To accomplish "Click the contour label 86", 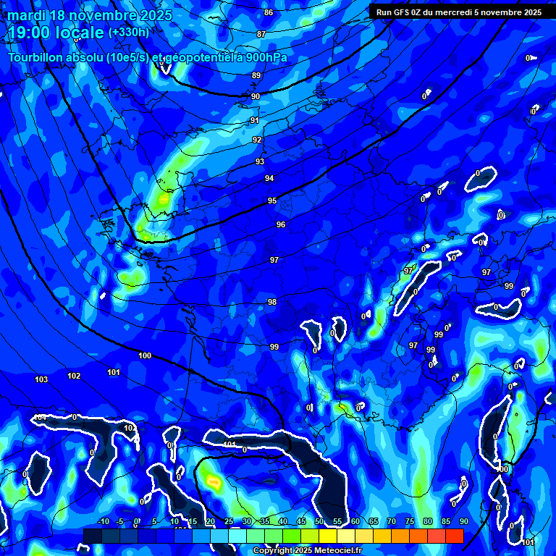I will pyautogui.click(x=269, y=12).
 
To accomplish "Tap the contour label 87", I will pyautogui.click(x=261, y=34).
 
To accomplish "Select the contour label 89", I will pyautogui.click(x=256, y=75).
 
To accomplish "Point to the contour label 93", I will pyautogui.click(x=260, y=161).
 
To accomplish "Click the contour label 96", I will pyautogui.click(x=281, y=224).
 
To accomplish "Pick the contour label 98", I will pyautogui.click(x=272, y=302).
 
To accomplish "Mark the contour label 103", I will pyautogui.click(x=41, y=379).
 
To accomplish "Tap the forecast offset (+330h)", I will pyautogui.click(x=128, y=32).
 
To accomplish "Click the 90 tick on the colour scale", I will pyautogui.click(x=463, y=521).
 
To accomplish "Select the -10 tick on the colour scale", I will pyautogui.click(x=103, y=521).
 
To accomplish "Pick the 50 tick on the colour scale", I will pyautogui.click(x=319, y=521).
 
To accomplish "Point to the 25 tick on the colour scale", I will pyautogui.click(x=229, y=521).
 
